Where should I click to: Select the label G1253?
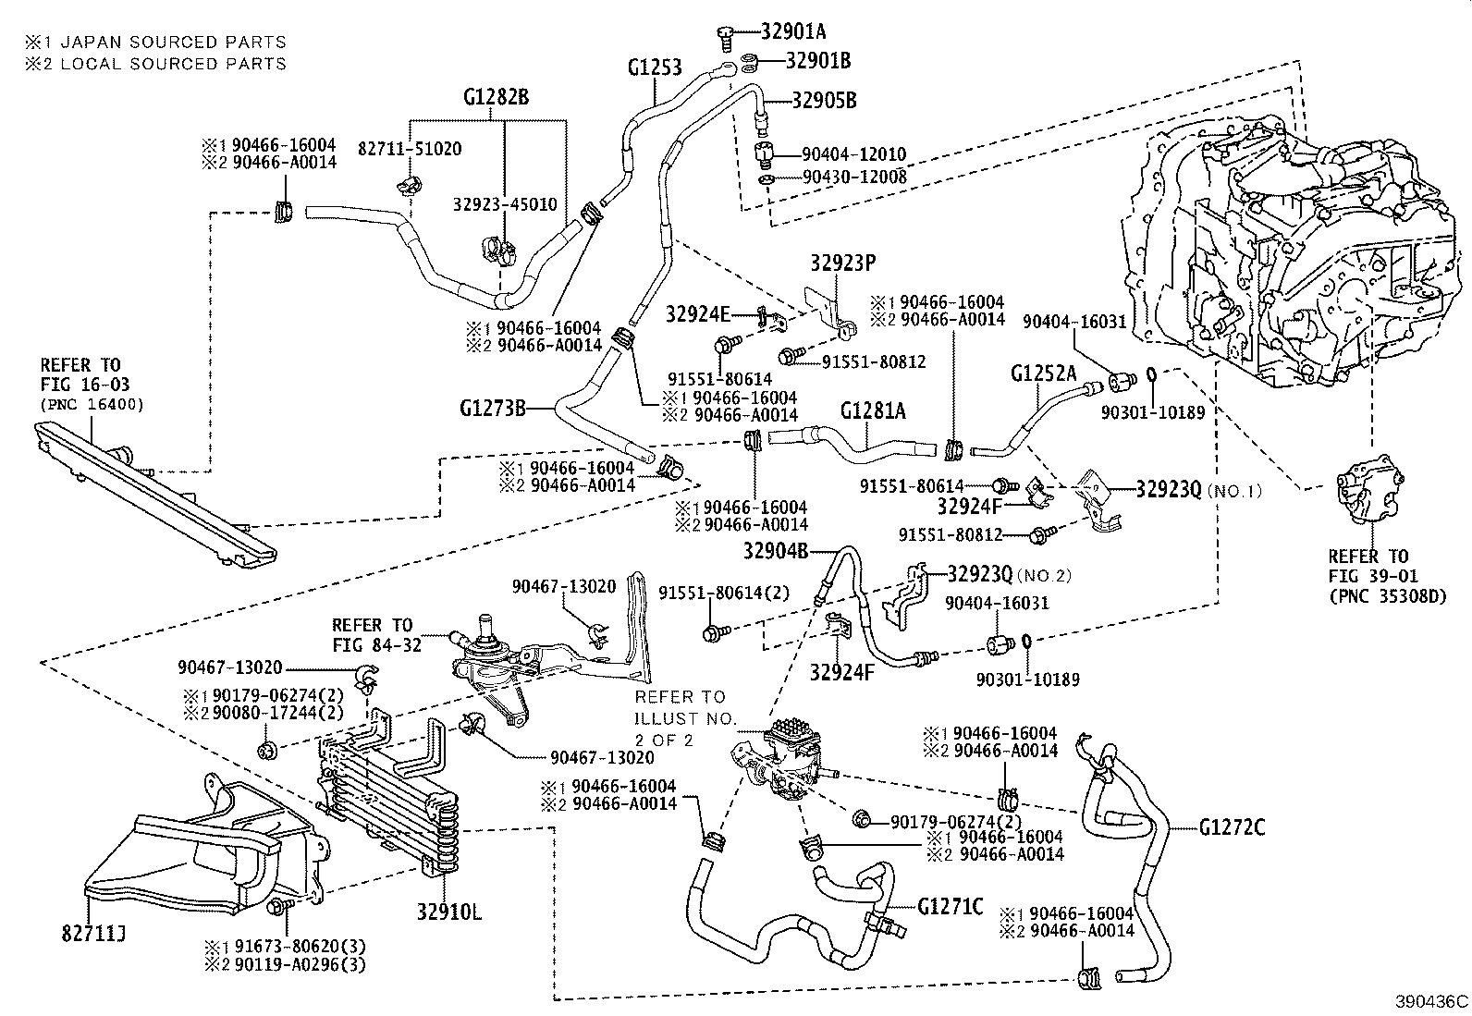point(655,67)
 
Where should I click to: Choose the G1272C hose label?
point(1232,827)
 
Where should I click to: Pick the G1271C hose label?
point(951,906)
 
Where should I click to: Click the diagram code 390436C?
point(1432,1001)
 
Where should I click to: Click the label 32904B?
point(776,552)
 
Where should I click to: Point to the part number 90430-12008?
point(854,176)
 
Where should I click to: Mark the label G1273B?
point(492,408)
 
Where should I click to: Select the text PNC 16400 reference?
point(91,404)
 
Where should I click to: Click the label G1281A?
point(873,410)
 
